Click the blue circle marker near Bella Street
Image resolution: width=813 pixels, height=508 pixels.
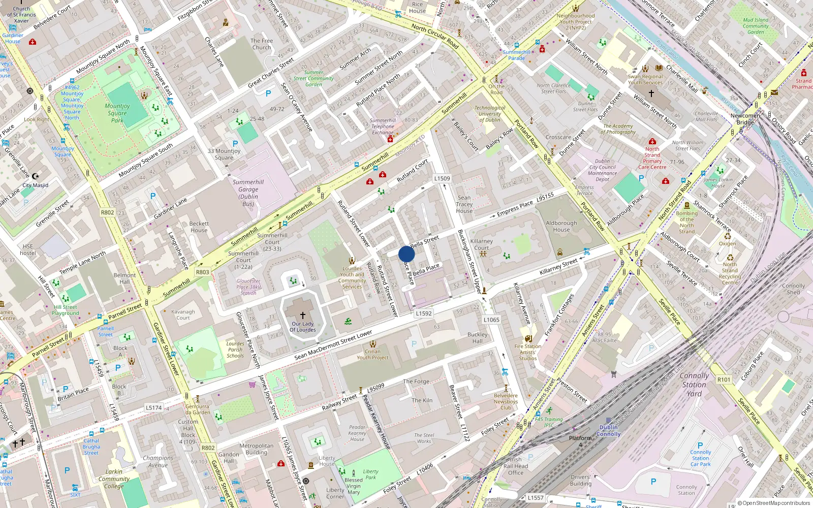407,254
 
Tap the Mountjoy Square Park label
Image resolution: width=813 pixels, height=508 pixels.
117,113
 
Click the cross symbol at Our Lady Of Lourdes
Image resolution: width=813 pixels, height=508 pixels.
303,315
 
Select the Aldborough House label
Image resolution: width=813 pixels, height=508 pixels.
561,226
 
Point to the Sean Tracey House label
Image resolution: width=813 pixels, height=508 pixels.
464,204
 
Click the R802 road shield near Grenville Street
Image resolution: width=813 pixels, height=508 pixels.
107,212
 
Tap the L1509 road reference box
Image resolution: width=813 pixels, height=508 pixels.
442,178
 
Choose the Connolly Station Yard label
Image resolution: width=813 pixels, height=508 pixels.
694,385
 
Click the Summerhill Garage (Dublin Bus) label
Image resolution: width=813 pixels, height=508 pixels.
248,193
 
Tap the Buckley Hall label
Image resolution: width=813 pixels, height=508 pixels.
477,338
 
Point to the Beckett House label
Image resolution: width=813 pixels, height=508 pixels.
199,227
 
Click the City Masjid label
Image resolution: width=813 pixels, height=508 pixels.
35,185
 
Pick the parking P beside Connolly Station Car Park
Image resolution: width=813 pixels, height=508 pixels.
700,445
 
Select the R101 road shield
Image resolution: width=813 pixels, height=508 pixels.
724,379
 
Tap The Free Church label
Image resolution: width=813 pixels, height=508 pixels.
261,44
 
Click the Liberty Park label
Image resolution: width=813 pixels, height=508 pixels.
370,474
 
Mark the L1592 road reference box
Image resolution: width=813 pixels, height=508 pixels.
423,313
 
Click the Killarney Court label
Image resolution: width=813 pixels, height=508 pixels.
481,244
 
